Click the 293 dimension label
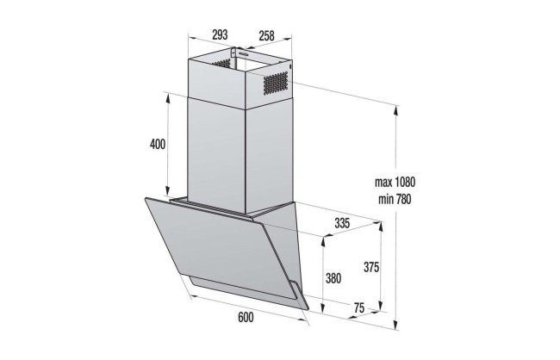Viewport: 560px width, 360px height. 219,35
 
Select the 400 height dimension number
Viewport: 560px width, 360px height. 157,145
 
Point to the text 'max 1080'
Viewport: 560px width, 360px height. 395,183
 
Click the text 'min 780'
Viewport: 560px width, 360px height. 395,198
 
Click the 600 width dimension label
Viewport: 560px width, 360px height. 244,318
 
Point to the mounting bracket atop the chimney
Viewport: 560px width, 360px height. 233,57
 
